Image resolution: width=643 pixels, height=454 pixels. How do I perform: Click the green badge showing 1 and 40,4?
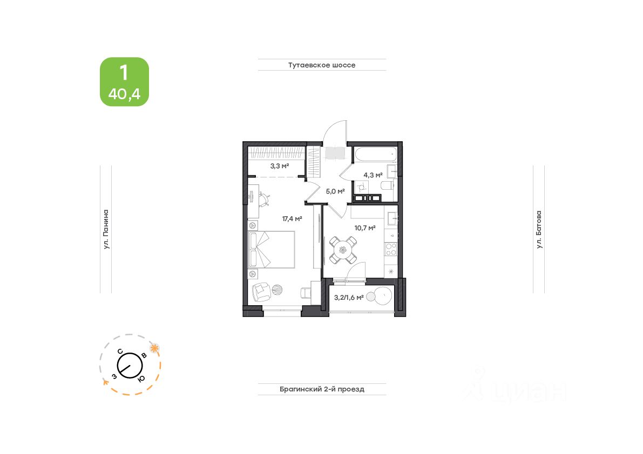click(x=124, y=82)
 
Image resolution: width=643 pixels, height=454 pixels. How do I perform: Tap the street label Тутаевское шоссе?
click(x=322, y=65)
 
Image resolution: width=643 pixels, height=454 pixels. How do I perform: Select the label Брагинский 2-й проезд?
click(x=322, y=389)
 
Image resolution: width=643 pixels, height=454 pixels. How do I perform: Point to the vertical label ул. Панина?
click(x=106, y=229)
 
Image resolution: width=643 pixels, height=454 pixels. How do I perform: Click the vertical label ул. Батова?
click(x=539, y=229)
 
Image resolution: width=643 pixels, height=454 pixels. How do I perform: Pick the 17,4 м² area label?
click(x=292, y=219)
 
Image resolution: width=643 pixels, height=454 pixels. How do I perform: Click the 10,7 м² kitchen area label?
click(x=365, y=228)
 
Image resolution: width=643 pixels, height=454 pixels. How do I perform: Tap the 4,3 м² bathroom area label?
click(x=373, y=175)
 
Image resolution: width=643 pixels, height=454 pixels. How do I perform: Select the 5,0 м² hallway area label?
click(x=335, y=191)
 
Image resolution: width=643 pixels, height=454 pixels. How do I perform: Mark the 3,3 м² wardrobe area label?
click(x=280, y=166)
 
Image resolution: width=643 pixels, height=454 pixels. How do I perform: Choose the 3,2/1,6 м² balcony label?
click(x=349, y=298)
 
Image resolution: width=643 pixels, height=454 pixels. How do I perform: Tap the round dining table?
click(x=343, y=250)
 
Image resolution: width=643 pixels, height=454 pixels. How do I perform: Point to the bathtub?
click(x=376, y=154)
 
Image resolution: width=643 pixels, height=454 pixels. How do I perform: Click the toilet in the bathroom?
click(x=387, y=187)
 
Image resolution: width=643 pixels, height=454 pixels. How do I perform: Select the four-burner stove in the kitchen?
click(x=391, y=250)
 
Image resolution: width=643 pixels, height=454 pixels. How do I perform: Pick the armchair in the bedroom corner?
click(x=261, y=292)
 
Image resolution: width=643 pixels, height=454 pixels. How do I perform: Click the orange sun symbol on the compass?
click(x=154, y=348)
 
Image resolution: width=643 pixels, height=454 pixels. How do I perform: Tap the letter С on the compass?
click(x=120, y=351)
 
